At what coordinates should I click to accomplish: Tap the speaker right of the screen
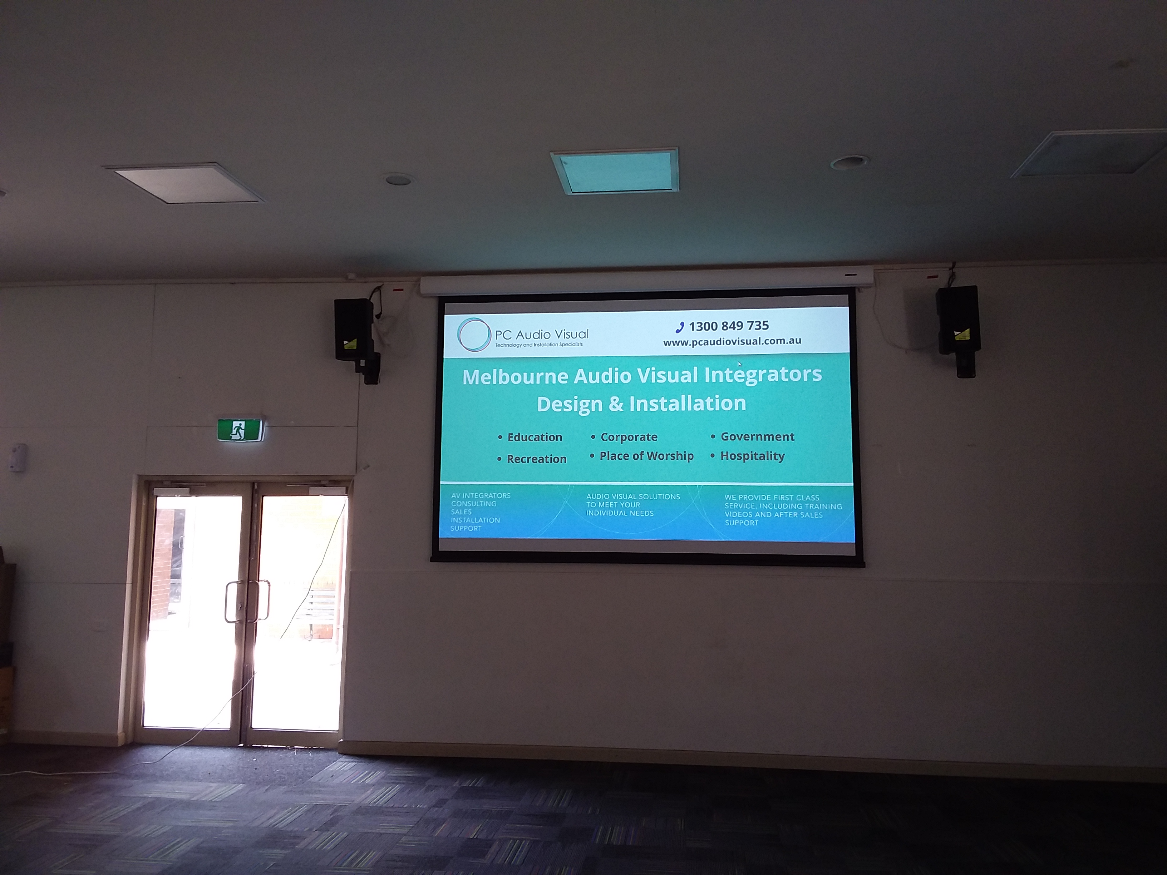pyautogui.click(x=957, y=321)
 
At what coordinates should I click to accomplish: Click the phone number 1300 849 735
pyautogui.click(x=729, y=326)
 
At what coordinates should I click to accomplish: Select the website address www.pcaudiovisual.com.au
pyautogui.click(x=732, y=342)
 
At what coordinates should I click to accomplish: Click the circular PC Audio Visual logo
pyautogui.click(x=474, y=335)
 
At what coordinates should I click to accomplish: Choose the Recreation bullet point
pyautogui.click(x=536, y=459)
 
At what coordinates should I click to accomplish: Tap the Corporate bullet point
pyautogui.click(x=628, y=437)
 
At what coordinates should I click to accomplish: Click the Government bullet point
pyautogui.click(x=757, y=437)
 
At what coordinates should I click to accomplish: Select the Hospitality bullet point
pyautogui.click(x=752, y=456)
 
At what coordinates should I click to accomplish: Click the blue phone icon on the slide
pyautogui.click(x=680, y=327)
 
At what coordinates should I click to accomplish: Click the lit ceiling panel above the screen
pyautogui.click(x=615, y=172)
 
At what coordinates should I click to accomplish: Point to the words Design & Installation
pyautogui.click(x=641, y=404)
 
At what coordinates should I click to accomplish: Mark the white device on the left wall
pyautogui.click(x=19, y=457)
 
